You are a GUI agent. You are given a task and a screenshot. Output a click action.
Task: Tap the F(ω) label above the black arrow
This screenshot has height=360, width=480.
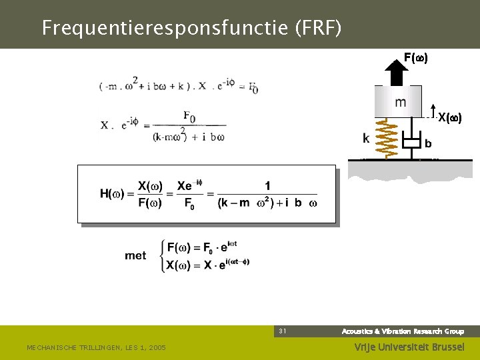click(416, 58)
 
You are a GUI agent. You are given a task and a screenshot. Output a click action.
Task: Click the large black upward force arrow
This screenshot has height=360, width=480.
click(399, 73)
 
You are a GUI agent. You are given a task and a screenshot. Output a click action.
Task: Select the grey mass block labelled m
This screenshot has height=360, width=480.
click(398, 102)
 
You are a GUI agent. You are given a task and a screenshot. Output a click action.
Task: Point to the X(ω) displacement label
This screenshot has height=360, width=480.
click(449, 117)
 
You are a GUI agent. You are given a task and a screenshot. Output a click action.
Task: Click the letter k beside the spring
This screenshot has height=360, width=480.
click(366, 139)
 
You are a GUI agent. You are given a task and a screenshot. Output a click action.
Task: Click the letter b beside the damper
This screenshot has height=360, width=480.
click(428, 143)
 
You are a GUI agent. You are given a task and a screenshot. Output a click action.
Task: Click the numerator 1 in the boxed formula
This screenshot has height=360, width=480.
click(267, 185)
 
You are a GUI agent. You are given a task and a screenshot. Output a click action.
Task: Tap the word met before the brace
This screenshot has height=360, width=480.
click(135, 255)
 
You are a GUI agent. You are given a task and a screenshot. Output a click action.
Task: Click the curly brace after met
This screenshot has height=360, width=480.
click(162, 256)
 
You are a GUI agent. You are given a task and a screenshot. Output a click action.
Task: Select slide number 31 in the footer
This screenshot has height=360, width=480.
click(283, 331)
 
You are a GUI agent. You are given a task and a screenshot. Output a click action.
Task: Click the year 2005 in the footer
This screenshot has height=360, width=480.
click(157, 347)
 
